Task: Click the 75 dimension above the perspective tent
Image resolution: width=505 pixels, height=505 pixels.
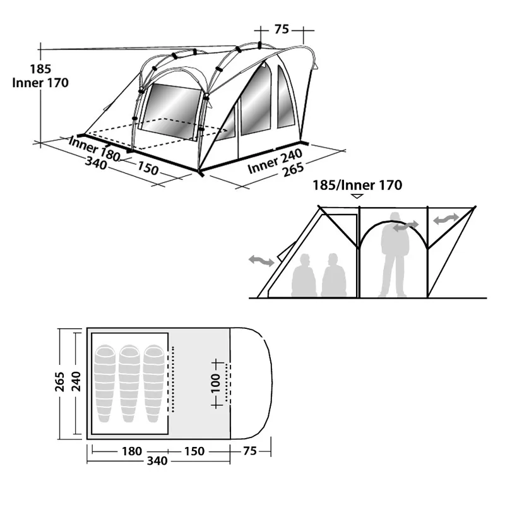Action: [282, 29]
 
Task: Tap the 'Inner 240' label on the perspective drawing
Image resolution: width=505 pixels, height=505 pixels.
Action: [275, 161]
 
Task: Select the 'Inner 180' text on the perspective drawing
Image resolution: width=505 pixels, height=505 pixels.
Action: [95, 149]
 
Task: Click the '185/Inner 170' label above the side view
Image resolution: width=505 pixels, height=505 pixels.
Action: [357, 185]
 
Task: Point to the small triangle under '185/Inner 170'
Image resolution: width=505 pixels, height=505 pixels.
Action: [357, 196]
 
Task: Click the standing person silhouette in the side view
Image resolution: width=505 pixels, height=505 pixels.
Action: [395, 254]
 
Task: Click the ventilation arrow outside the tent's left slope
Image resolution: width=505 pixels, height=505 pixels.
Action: [261, 260]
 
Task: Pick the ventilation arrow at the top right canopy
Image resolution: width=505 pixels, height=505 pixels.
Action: [446, 218]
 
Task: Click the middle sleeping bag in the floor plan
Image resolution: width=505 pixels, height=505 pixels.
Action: [129, 384]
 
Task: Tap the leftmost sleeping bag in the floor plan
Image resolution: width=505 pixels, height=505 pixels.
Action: [105, 384]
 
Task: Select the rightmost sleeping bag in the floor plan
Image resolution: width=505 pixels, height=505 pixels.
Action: [153, 384]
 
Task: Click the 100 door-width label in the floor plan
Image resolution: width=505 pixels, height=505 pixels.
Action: [215, 383]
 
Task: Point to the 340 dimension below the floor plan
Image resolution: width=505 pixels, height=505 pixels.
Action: [157, 461]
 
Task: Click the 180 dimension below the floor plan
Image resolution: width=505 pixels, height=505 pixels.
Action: [132, 451]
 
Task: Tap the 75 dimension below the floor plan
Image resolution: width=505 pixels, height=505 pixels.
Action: [250, 451]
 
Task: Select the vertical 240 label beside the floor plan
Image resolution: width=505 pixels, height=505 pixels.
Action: [76, 381]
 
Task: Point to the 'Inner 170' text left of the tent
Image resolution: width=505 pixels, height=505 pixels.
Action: [40, 83]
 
